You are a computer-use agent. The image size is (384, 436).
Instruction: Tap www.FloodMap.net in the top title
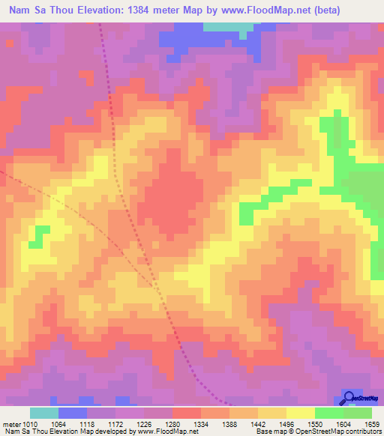[259, 10]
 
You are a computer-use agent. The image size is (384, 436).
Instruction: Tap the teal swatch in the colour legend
[44, 413]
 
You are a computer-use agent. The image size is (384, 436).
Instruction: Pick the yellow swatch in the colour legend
[301, 413]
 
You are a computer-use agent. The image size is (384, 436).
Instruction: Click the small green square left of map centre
[34, 243]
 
